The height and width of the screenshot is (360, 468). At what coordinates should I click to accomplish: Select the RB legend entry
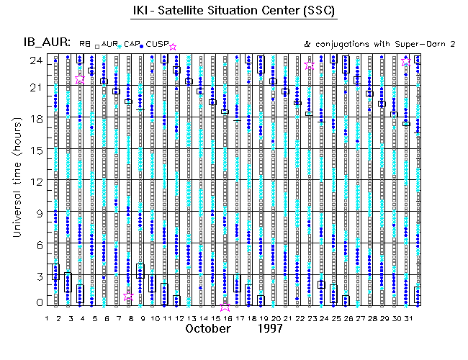[84, 44]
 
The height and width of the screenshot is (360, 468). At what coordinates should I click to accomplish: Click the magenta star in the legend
[173, 47]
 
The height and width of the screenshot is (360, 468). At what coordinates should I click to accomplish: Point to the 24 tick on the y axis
[35, 60]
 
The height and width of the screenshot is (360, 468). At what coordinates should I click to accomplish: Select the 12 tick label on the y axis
[35, 181]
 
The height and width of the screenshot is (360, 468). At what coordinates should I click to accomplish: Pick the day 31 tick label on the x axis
[408, 318]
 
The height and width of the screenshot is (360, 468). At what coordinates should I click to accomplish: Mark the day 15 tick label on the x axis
[214, 318]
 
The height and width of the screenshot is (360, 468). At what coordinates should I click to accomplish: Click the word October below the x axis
[207, 328]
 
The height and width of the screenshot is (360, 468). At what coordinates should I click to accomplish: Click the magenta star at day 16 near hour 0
[225, 305]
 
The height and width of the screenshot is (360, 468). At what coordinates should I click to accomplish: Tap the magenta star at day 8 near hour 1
[129, 296]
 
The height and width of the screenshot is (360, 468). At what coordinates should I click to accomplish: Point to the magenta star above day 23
[310, 66]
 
